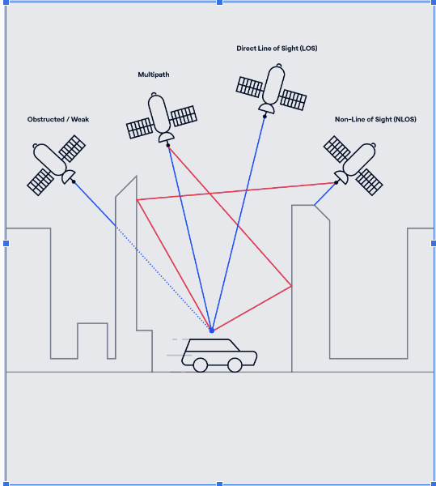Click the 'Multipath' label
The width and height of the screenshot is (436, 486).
point(154,75)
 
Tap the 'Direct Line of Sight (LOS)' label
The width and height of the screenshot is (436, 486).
point(277,49)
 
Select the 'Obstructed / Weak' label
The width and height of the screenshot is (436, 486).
point(58,119)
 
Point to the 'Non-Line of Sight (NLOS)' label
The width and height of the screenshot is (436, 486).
point(375,119)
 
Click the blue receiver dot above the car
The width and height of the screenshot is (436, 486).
point(212,330)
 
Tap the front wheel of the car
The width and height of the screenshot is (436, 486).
point(235,364)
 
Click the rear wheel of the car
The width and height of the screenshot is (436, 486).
point(201,364)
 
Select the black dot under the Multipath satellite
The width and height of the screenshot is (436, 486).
point(168,145)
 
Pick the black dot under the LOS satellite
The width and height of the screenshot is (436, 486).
point(265,117)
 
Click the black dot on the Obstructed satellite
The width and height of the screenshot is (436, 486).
point(74,181)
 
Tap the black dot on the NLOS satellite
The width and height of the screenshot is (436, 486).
point(336,182)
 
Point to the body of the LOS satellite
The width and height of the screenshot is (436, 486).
point(273,85)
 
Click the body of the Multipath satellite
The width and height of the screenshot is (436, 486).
point(159,113)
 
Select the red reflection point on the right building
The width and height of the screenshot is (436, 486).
point(291,286)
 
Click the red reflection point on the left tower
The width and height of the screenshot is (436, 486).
point(137,200)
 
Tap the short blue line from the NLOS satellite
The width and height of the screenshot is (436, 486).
point(325,194)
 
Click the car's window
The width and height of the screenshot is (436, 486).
point(212,345)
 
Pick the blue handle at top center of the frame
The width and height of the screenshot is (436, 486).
point(219,2)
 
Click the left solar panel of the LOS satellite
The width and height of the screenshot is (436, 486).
point(249,87)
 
